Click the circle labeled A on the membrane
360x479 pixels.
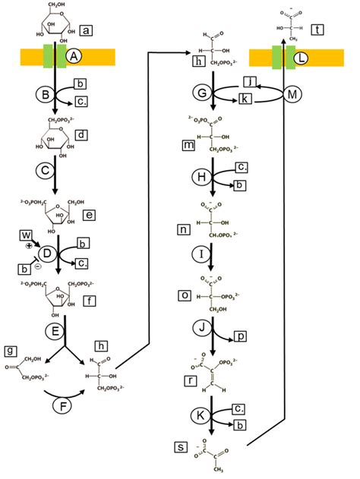pos(74,56)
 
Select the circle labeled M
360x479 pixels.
pos(295,94)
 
